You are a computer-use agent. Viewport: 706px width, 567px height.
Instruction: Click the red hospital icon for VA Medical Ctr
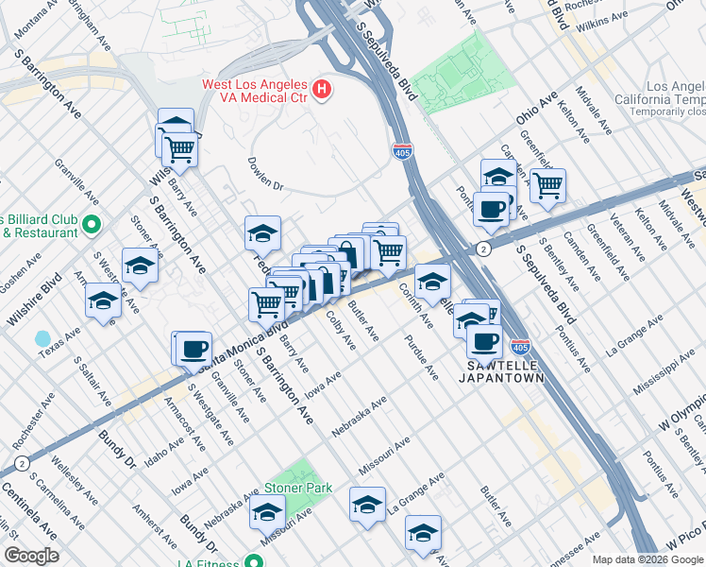tap(323, 91)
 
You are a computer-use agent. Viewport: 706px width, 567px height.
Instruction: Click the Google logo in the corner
tap(32, 556)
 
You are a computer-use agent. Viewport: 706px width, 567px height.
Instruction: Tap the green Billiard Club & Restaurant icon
tap(92, 225)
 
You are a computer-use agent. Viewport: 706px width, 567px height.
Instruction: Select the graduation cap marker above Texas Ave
tap(103, 302)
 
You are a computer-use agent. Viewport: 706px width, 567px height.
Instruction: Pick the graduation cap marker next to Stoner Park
tap(267, 513)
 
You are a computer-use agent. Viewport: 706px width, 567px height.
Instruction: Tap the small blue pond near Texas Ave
tap(42, 338)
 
